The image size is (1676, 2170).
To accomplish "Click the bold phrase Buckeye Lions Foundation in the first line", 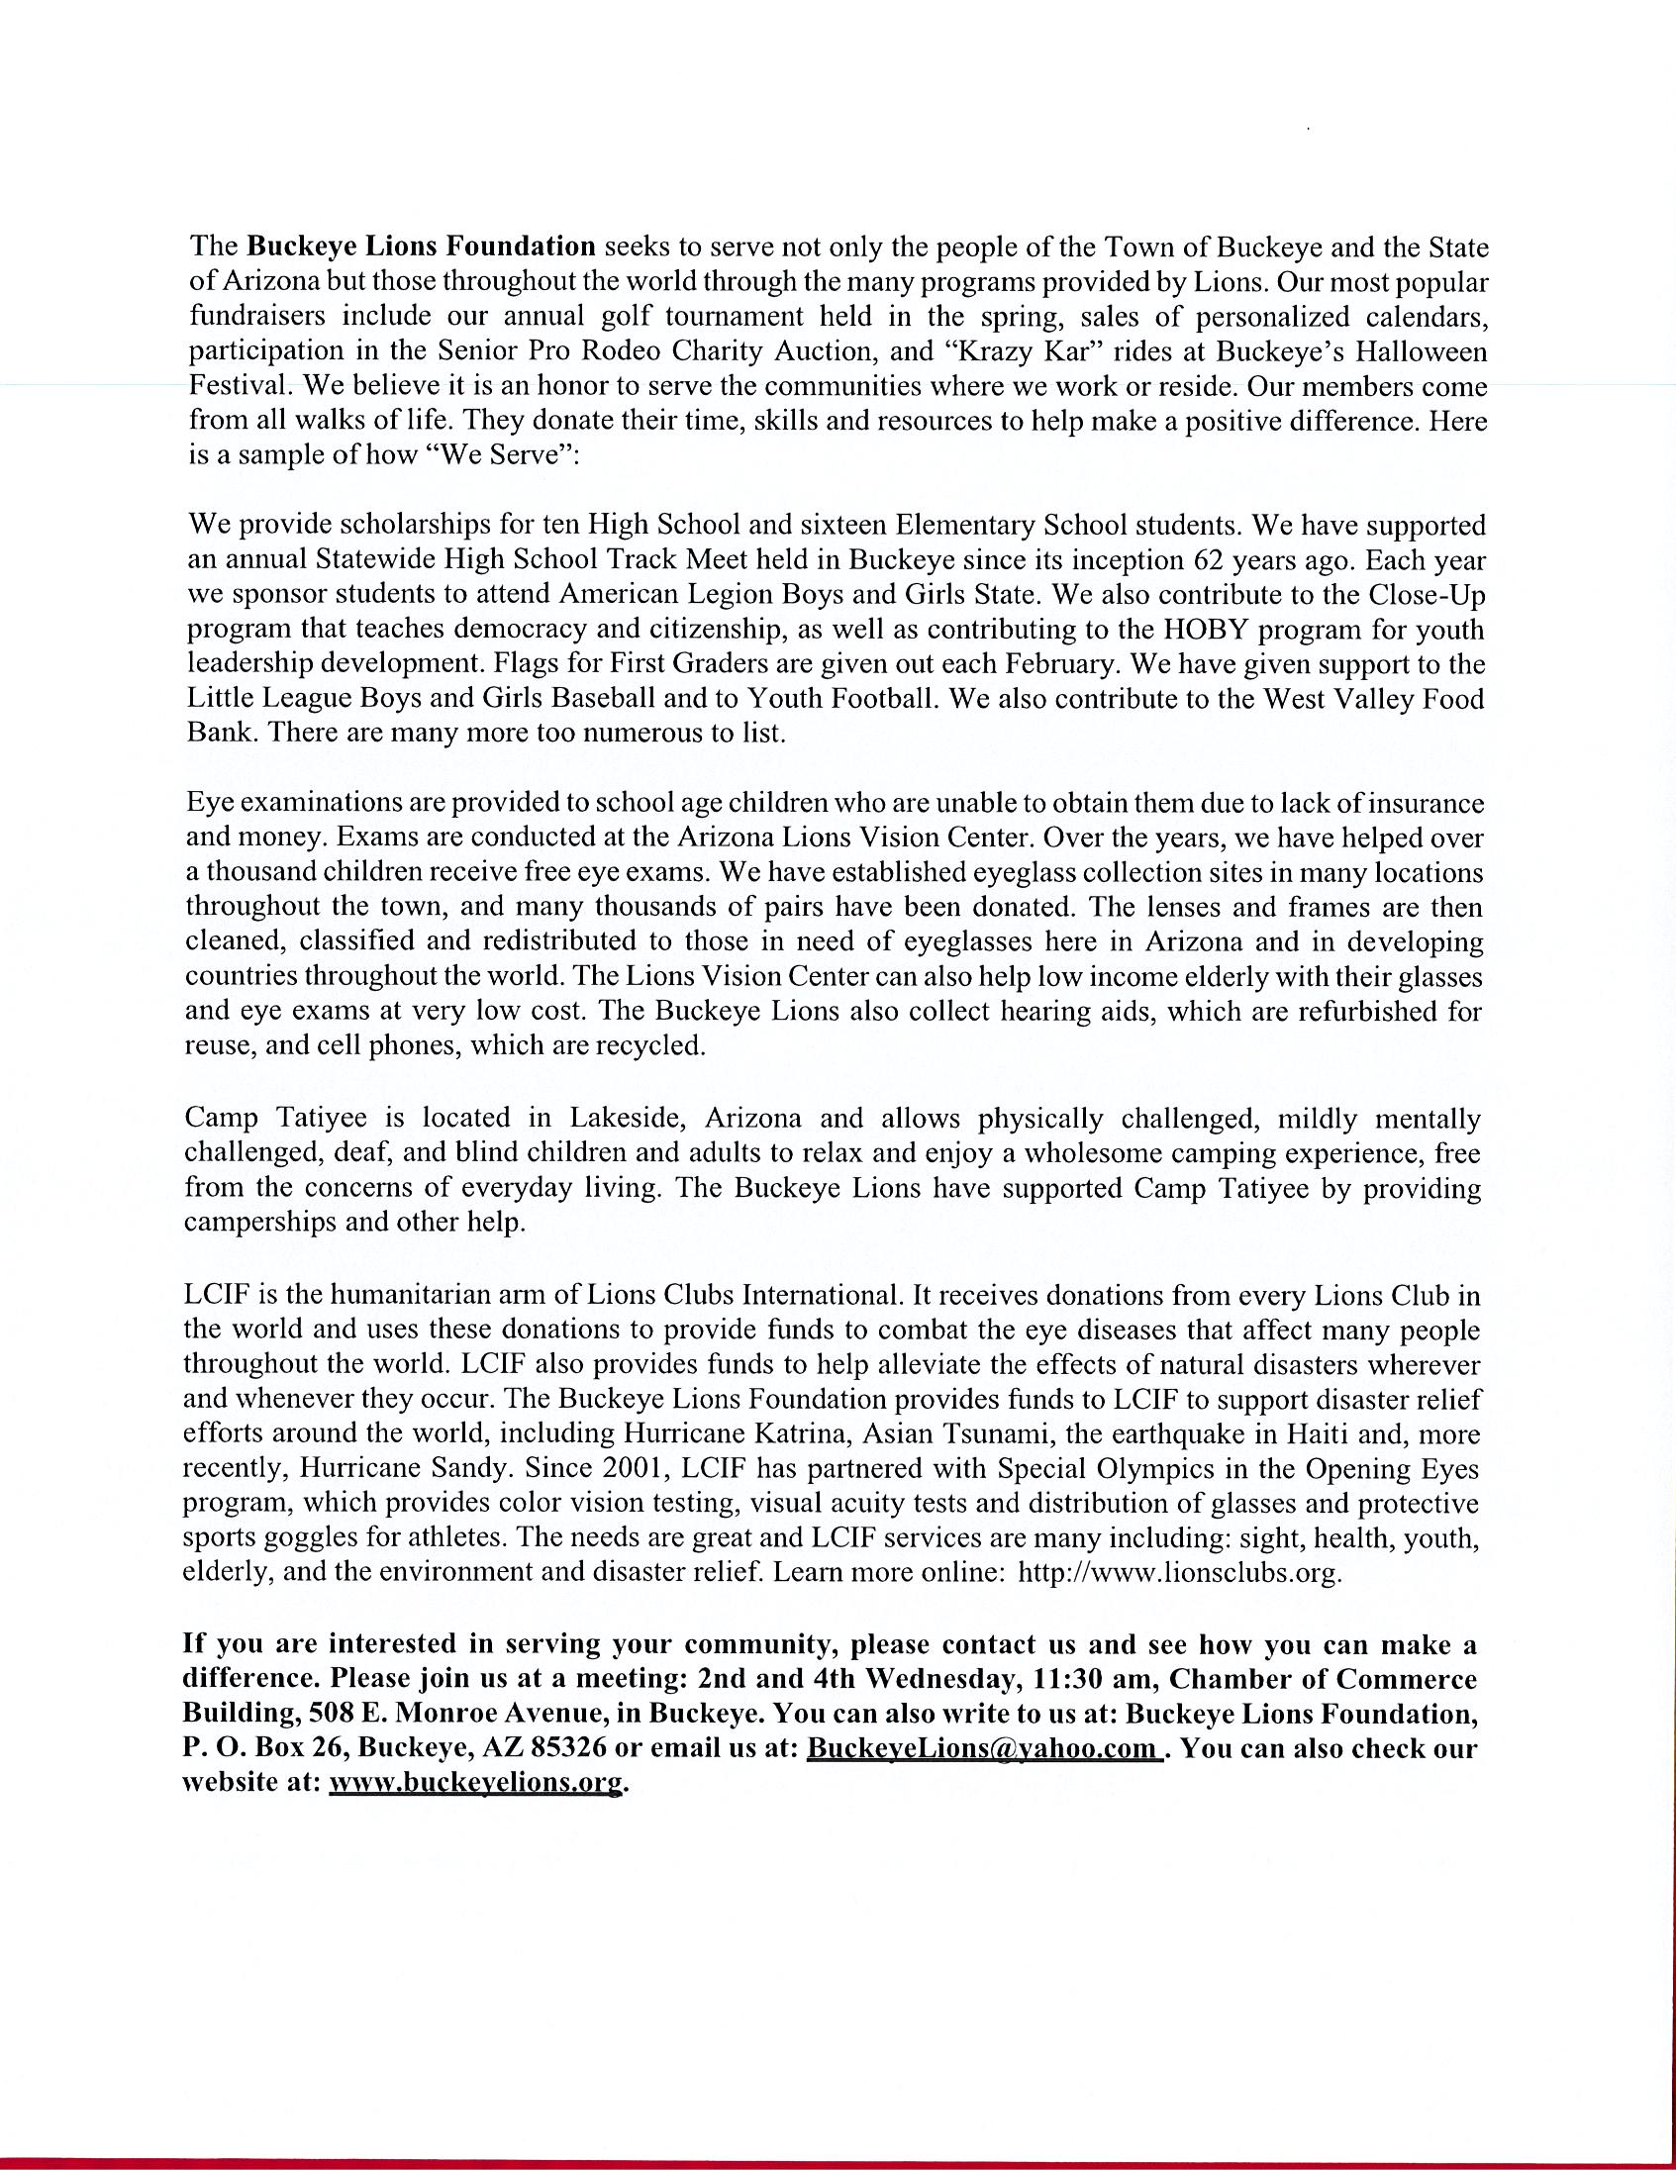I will (x=421, y=246).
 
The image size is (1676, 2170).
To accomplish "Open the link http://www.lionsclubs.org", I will (x=1181, y=1574).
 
